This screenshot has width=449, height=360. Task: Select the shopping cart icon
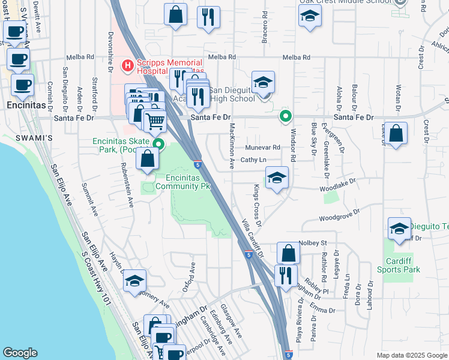tap(155, 121)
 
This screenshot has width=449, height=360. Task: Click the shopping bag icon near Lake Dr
tap(396, 134)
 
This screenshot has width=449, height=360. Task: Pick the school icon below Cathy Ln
tap(277, 178)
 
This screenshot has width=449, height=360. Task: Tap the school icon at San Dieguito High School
tap(262, 83)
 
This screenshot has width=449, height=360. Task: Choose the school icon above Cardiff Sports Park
tap(399, 229)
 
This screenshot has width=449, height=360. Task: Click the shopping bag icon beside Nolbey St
tap(288, 253)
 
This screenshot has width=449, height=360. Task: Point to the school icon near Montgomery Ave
tap(135, 281)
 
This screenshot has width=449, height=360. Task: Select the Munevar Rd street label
tap(262, 147)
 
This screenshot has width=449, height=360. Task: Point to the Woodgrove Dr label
tap(339, 216)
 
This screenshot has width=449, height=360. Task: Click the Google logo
tap(20, 353)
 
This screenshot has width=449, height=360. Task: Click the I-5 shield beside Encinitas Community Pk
tap(197, 164)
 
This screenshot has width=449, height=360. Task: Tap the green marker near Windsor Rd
tap(286, 117)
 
